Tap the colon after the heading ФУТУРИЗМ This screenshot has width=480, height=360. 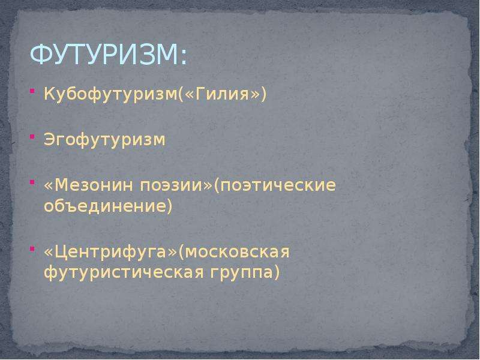[x=184, y=58]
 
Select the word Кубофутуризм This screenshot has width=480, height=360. [x=110, y=94]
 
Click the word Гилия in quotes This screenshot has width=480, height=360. [x=222, y=94]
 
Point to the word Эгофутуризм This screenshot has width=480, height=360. [x=104, y=140]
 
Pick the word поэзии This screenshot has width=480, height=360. [x=170, y=185]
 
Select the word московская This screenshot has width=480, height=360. [x=237, y=252]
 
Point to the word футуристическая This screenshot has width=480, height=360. [x=124, y=272]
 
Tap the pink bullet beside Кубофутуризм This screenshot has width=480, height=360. [x=32, y=91]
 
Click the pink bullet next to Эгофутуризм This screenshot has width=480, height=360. [x=32, y=137]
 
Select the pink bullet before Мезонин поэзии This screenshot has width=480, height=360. [x=32, y=182]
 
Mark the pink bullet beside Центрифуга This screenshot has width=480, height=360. [x=32, y=249]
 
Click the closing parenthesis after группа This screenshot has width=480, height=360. [x=277, y=272]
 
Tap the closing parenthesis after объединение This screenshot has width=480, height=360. [x=170, y=205]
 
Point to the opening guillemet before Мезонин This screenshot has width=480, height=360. [x=49, y=186]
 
